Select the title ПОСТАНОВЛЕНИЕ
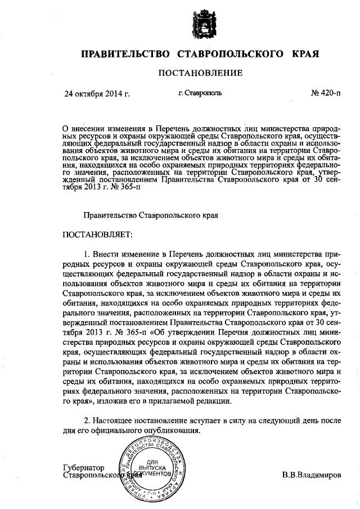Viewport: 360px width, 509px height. pyautogui.click(x=200, y=73)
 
